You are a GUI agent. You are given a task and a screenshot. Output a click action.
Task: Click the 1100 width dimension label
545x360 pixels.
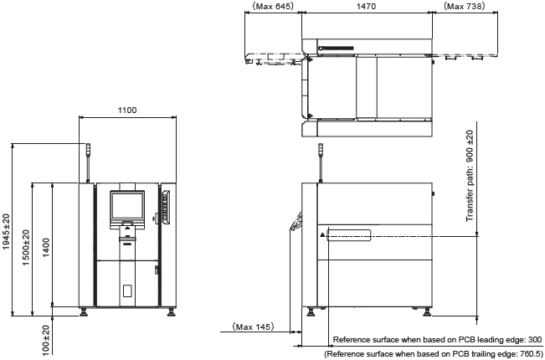coord(127,111)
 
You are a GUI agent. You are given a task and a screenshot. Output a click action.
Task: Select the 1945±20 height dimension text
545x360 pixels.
coord(7,232)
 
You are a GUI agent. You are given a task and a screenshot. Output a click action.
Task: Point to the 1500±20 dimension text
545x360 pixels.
coord(27,248)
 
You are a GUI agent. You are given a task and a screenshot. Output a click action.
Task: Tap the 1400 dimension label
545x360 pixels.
coord(46,248)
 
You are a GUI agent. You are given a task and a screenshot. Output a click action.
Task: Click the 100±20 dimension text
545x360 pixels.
coord(46,341)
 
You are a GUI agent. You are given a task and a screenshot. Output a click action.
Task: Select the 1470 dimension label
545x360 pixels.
coord(367,6)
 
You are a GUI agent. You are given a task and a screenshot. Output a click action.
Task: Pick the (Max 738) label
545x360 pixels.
coord(464,6)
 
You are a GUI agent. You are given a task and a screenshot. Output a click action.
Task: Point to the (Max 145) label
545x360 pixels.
coord(254,327)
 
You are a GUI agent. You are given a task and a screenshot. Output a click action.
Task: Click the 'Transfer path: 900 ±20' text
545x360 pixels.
coord(470,176)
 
